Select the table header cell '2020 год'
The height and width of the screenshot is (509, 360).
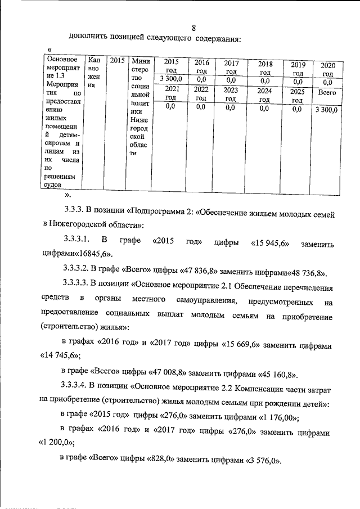coord(328,69)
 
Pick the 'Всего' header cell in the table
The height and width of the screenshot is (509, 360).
coord(327,92)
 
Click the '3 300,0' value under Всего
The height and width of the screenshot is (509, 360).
coord(326,110)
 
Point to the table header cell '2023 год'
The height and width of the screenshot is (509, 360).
coord(230,93)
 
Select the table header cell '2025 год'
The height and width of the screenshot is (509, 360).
coord(298,95)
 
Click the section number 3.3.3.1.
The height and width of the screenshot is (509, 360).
coord(82,241)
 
